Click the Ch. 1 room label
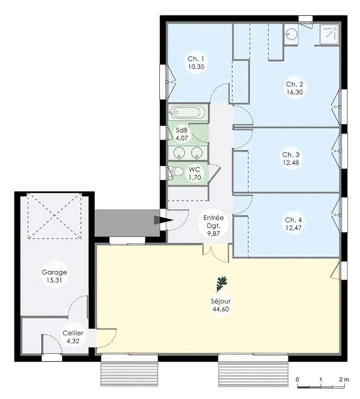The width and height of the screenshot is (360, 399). [196, 59]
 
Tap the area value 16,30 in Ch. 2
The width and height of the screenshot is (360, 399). [295, 92]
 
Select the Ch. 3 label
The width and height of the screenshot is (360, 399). [291, 155]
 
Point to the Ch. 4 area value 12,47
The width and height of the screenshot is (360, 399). [293, 228]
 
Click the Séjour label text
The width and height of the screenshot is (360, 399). [220, 301]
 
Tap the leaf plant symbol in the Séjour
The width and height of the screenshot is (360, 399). [221, 284]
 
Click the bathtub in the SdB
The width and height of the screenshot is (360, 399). [188, 112]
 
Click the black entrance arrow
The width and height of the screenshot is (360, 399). [163, 220]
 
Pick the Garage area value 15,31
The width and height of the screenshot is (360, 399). [54, 280]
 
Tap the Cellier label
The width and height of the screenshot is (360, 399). [73, 333]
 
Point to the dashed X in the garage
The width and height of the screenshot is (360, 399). [55, 216]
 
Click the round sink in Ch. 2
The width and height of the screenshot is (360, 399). [291, 34]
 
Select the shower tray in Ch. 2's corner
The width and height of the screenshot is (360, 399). [329, 35]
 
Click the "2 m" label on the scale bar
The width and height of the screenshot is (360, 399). [344, 379]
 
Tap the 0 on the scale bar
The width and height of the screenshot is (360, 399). [297, 379]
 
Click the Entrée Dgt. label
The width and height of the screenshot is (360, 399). [214, 222]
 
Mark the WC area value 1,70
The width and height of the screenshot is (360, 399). [195, 177]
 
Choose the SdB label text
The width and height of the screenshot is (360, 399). [182, 130]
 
